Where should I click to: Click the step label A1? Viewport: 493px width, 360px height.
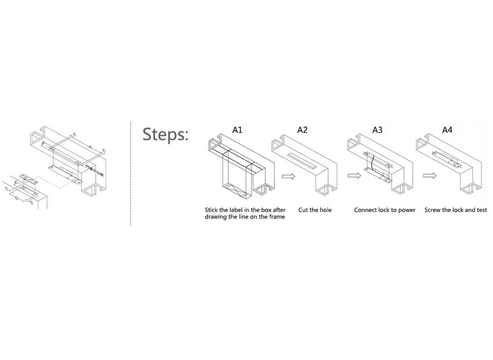click(x=237, y=130)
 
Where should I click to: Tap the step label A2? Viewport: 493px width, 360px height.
click(x=302, y=130)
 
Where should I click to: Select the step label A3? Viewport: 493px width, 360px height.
click(x=377, y=130)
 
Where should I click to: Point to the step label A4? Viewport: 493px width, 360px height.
click(x=447, y=130)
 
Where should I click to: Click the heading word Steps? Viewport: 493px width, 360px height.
click(x=165, y=134)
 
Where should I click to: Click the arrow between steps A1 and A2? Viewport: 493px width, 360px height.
click(x=289, y=176)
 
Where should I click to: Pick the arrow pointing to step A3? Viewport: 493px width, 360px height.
click(x=354, y=175)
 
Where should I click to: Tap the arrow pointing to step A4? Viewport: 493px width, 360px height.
click(x=430, y=175)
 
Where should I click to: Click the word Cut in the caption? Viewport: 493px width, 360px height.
click(x=303, y=210)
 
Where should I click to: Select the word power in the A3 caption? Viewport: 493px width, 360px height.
click(x=407, y=210)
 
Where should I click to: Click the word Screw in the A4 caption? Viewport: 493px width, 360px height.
click(x=432, y=210)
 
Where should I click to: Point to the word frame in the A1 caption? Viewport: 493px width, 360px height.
click(x=277, y=217)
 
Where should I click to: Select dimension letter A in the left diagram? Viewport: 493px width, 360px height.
click(x=90, y=147)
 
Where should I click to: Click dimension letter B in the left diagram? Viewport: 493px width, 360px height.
click(x=43, y=143)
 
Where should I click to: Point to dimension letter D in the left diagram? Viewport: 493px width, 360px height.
click(x=17, y=198)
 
